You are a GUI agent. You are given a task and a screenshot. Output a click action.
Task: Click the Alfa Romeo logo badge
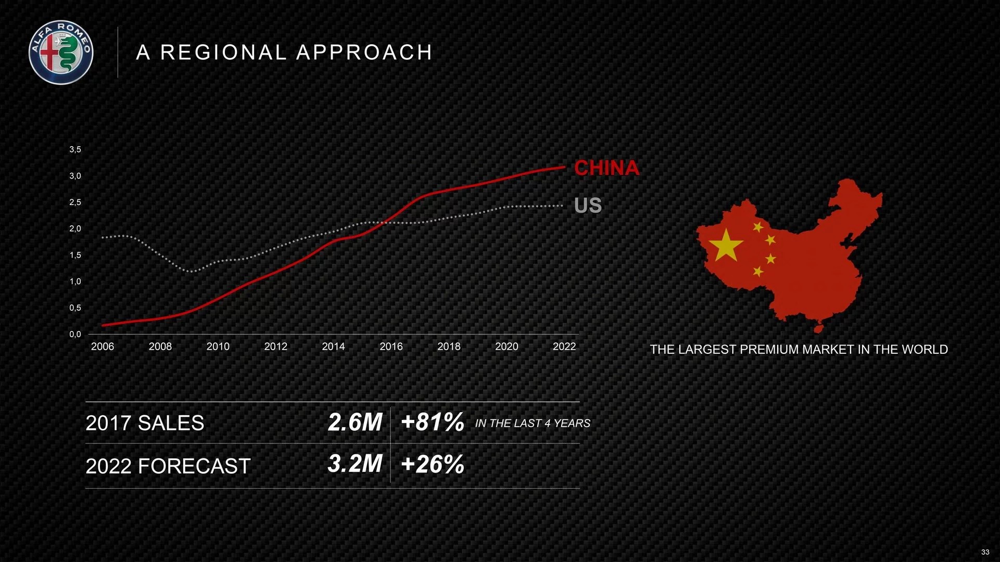61,52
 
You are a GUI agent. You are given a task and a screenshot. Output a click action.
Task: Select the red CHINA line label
606,168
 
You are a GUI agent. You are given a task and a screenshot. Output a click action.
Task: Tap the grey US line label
588,206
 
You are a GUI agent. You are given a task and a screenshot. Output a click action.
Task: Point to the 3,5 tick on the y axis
75,150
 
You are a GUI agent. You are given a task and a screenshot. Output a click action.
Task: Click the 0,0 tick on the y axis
75,335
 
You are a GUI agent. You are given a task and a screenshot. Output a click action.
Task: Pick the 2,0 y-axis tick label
75,229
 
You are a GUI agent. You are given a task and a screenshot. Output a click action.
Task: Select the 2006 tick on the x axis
103,347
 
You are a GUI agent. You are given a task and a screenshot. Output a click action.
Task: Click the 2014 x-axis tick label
333,347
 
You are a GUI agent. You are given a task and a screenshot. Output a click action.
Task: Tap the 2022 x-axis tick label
564,347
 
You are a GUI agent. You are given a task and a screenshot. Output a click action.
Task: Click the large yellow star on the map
726,245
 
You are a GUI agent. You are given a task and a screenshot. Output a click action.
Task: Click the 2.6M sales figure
355,422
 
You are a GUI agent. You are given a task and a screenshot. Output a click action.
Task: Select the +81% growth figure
433,422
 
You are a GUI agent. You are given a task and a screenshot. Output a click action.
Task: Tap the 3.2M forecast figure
355,464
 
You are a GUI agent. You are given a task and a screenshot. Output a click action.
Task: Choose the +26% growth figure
433,464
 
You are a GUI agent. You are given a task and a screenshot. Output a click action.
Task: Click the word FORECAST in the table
194,466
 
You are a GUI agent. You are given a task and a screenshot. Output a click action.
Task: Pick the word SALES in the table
170,423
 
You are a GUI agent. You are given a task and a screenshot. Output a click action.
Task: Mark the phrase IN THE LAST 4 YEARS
533,424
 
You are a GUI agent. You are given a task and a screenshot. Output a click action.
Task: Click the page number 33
985,552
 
